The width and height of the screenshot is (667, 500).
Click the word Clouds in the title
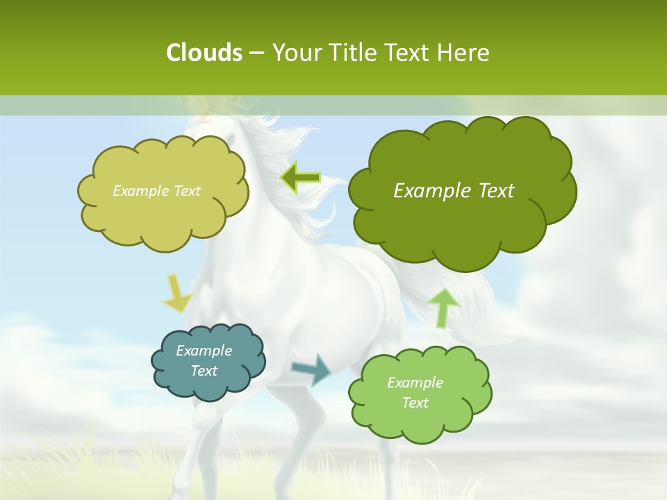click(x=204, y=53)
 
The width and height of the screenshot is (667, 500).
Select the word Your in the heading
click(x=296, y=53)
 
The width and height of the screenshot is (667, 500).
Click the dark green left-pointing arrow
click(x=300, y=178)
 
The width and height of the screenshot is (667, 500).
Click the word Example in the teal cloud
click(x=204, y=351)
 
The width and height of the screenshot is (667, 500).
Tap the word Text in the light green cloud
click(x=415, y=403)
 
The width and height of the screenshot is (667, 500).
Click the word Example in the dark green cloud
click(x=429, y=191)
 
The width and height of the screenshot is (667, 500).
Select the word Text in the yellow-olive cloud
click(x=185, y=191)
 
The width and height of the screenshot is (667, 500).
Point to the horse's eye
click(x=230, y=141)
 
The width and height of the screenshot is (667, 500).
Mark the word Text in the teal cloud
click(x=204, y=371)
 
